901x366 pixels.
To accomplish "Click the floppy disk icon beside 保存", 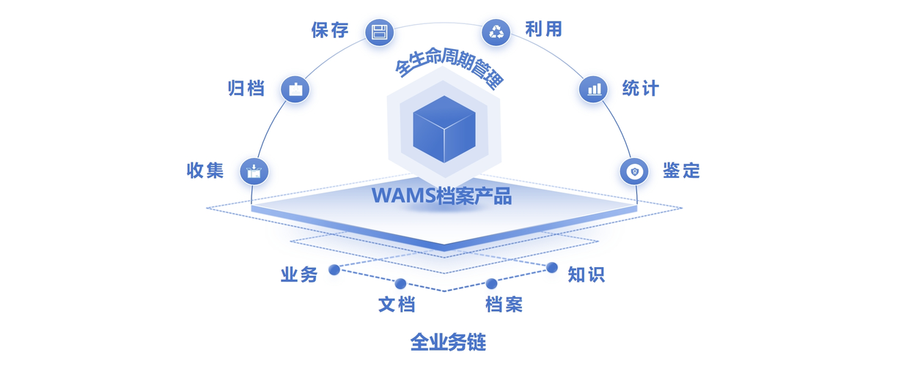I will click(x=379, y=32).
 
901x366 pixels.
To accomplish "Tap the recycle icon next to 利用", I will click(x=496, y=31).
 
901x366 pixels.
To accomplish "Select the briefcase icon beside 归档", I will click(x=295, y=89).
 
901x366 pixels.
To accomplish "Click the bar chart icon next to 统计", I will click(x=593, y=89).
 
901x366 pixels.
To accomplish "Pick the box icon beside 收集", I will click(x=254, y=171).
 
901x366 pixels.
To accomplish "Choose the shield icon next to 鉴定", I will click(x=634, y=171).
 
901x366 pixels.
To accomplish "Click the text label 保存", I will click(x=330, y=30).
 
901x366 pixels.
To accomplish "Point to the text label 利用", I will click(x=543, y=29).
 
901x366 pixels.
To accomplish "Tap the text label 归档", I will click(x=246, y=89).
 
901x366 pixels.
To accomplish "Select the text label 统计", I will click(x=641, y=89).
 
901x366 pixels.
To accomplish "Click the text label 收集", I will click(x=205, y=171).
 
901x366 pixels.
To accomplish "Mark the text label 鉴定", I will click(x=682, y=171).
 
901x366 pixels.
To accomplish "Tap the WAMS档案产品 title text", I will click(x=441, y=196).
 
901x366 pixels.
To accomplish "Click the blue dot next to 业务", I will click(x=334, y=270).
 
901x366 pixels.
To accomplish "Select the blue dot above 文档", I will click(x=400, y=284).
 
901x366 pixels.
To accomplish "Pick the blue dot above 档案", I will click(x=491, y=284).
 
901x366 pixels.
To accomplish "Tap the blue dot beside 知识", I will click(x=552, y=268).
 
